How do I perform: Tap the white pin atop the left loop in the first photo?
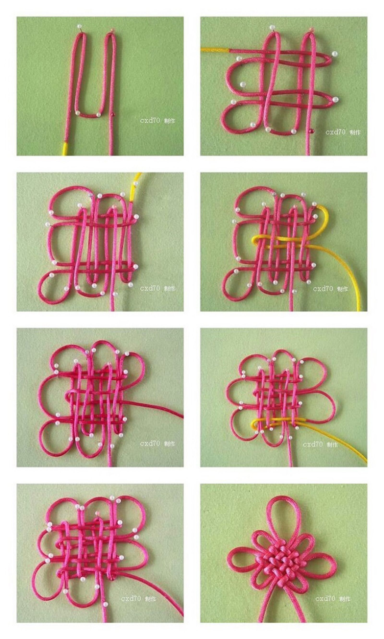[x=80, y=27]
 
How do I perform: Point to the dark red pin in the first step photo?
[x=113, y=114]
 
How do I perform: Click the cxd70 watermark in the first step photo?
[x=150, y=120]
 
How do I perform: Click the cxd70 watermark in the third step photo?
[x=150, y=288]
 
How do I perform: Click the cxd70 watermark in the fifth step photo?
[x=150, y=444]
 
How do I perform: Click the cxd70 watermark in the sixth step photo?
[x=312, y=444]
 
